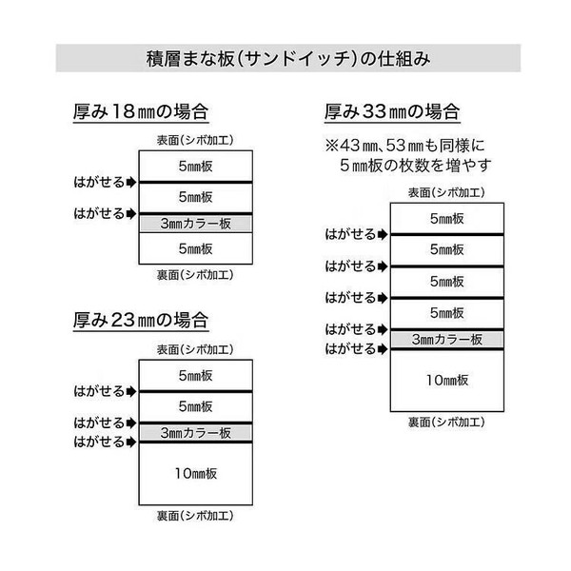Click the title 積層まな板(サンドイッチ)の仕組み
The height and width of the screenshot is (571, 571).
click(288, 59)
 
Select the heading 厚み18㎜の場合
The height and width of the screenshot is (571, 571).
click(141, 111)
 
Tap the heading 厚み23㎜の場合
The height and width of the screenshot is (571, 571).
click(141, 320)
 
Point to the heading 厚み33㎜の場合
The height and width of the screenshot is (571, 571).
click(392, 111)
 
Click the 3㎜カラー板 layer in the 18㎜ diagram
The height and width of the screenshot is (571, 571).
click(196, 224)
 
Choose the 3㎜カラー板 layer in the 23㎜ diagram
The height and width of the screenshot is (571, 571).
click(196, 433)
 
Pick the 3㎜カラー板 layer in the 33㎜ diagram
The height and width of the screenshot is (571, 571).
click(447, 340)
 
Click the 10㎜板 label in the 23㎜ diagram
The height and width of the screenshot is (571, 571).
click(196, 473)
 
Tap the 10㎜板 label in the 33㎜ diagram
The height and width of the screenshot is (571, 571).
click(447, 380)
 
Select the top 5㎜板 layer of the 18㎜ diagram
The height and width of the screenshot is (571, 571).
click(196, 167)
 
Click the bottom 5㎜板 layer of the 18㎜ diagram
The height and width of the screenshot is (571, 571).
click(196, 248)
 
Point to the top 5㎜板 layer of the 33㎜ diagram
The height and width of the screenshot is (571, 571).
click(447, 219)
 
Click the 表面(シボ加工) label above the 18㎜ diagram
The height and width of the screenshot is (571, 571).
click(195, 140)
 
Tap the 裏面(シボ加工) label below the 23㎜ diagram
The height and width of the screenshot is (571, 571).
click(195, 516)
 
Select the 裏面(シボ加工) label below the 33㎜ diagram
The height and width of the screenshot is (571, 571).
click(446, 422)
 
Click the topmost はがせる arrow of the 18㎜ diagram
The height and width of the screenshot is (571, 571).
click(131, 182)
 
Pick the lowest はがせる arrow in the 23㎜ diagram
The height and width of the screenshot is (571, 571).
click(131, 443)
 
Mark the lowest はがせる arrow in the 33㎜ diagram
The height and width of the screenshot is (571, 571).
click(383, 349)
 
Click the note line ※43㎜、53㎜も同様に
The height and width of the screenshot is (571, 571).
click(405, 146)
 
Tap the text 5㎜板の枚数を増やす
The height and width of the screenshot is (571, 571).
click(416, 166)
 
